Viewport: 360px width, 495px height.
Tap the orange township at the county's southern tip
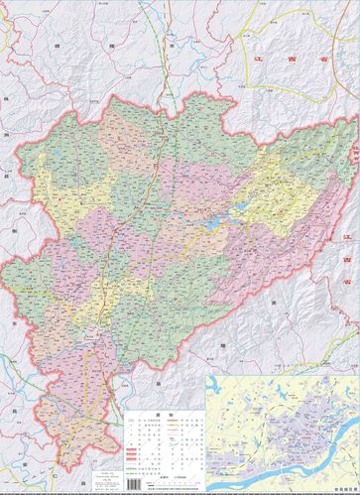[x=60, y=427]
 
